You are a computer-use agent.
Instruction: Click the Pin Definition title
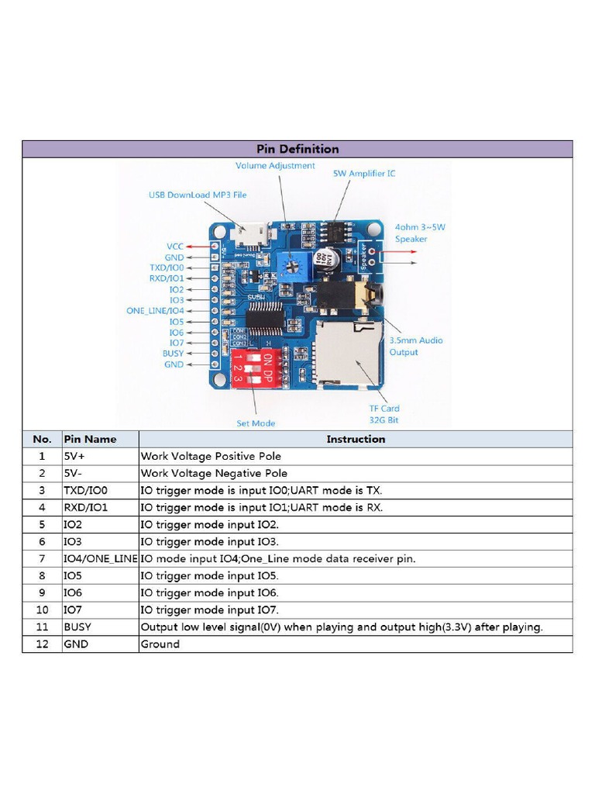click(x=297, y=149)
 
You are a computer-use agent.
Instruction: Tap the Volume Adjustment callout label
click(x=275, y=165)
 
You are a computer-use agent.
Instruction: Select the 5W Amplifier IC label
click(x=363, y=173)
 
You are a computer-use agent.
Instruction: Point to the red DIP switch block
click(x=253, y=368)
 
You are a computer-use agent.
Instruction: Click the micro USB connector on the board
click(x=248, y=232)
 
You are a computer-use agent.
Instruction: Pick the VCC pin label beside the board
click(x=175, y=246)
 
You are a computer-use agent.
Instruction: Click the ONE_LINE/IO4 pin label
click(x=155, y=310)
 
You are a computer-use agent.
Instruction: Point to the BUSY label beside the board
click(x=173, y=354)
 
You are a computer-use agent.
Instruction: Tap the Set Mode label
click(x=256, y=423)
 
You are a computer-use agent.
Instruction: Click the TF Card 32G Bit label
click(x=384, y=414)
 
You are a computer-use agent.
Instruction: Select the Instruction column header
click(x=356, y=439)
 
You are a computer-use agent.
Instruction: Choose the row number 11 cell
click(x=42, y=627)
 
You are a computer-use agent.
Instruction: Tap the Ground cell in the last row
click(x=160, y=644)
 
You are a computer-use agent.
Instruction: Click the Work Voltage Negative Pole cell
click(x=214, y=473)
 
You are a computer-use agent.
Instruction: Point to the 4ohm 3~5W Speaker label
click(x=420, y=233)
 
